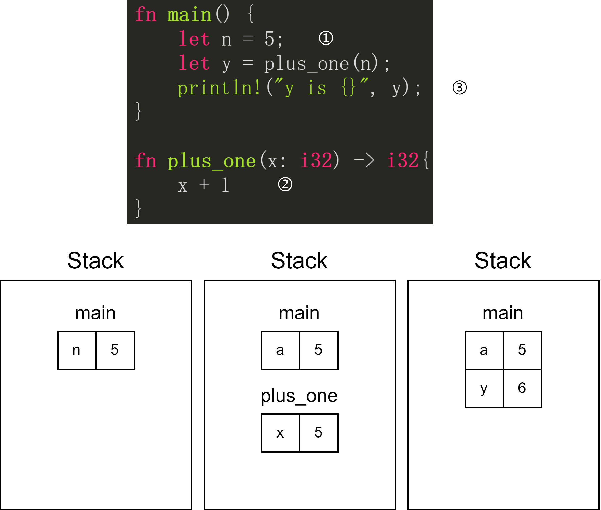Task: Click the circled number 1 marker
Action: pyautogui.click(x=326, y=38)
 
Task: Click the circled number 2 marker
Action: pyautogui.click(x=285, y=184)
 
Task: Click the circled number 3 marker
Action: pyautogui.click(x=459, y=87)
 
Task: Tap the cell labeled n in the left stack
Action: pyautogui.click(x=77, y=350)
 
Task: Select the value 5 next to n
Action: pyautogui.click(x=115, y=350)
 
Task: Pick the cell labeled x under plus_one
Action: pyautogui.click(x=280, y=433)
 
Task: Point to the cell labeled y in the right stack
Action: pyautogui.click(x=484, y=388)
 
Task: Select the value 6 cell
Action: pyautogui.click(x=522, y=388)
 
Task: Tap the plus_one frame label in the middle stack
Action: pyautogui.click(x=299, y=396)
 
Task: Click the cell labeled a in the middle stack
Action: pyautogui.click(x=280, y=350)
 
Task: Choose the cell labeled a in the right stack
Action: pyautogui.click(x=484, y=350)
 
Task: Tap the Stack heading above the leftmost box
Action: pyautogui.click(x=95, y=260)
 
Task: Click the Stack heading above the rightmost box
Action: pyautogui.click(x=503, y=260)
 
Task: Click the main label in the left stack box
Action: pyautogui.click(x=95, y=313)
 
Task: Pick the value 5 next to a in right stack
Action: pyautogui.click(x=522, y=350)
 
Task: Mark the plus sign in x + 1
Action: pyautogui.click(x=204, y=184)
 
